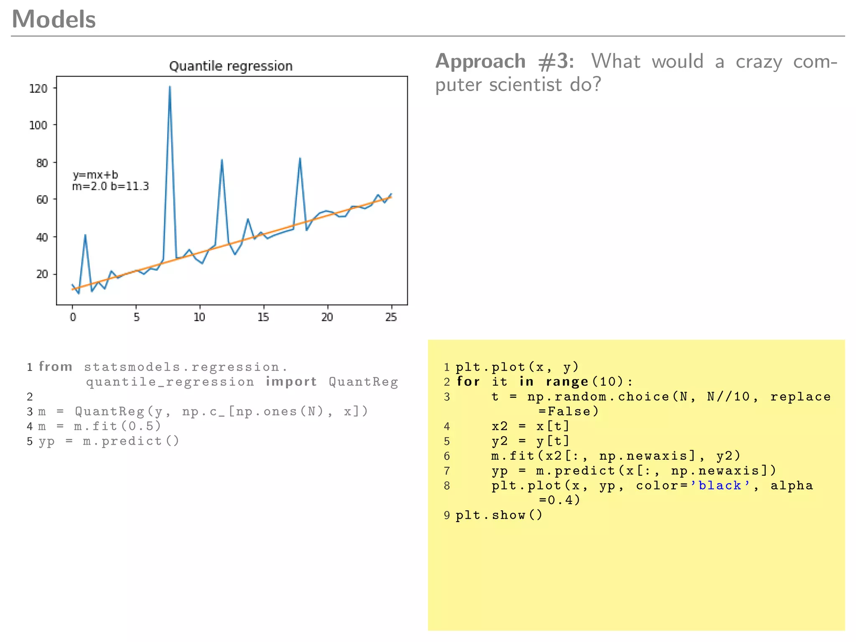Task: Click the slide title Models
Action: pyautogui.click(x=54, y=19)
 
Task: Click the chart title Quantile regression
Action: pyautogui.click(x=231, y=66)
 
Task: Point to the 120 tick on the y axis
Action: pyautogui.click(x=38, y=88)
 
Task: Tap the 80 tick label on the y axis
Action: pyautogui.click(x=42, y=163)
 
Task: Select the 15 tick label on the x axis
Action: pyautogui.click(x=263, y=317)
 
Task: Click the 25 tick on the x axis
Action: pyautogui.click(x=391, y=317)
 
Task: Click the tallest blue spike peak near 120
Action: pyautogui.click(x=170, y=87)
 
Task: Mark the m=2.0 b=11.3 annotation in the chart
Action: pyautogui.click(x=110, y=186)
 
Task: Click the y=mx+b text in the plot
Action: pyautogui.click(x=95, y=175)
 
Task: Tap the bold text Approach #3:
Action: pyautogui.click(x=504, y=62)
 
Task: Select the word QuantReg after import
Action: pyautogui.click(x=363, y=382)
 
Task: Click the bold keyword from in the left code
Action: pyautogui.click(x=56, y=367)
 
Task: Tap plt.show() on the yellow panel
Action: pyautogui.click(x=499, y=515)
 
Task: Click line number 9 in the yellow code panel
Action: pyautogui.click(x=447, y=515)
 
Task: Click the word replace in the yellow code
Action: pyautogui.click(x=800, y=397)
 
